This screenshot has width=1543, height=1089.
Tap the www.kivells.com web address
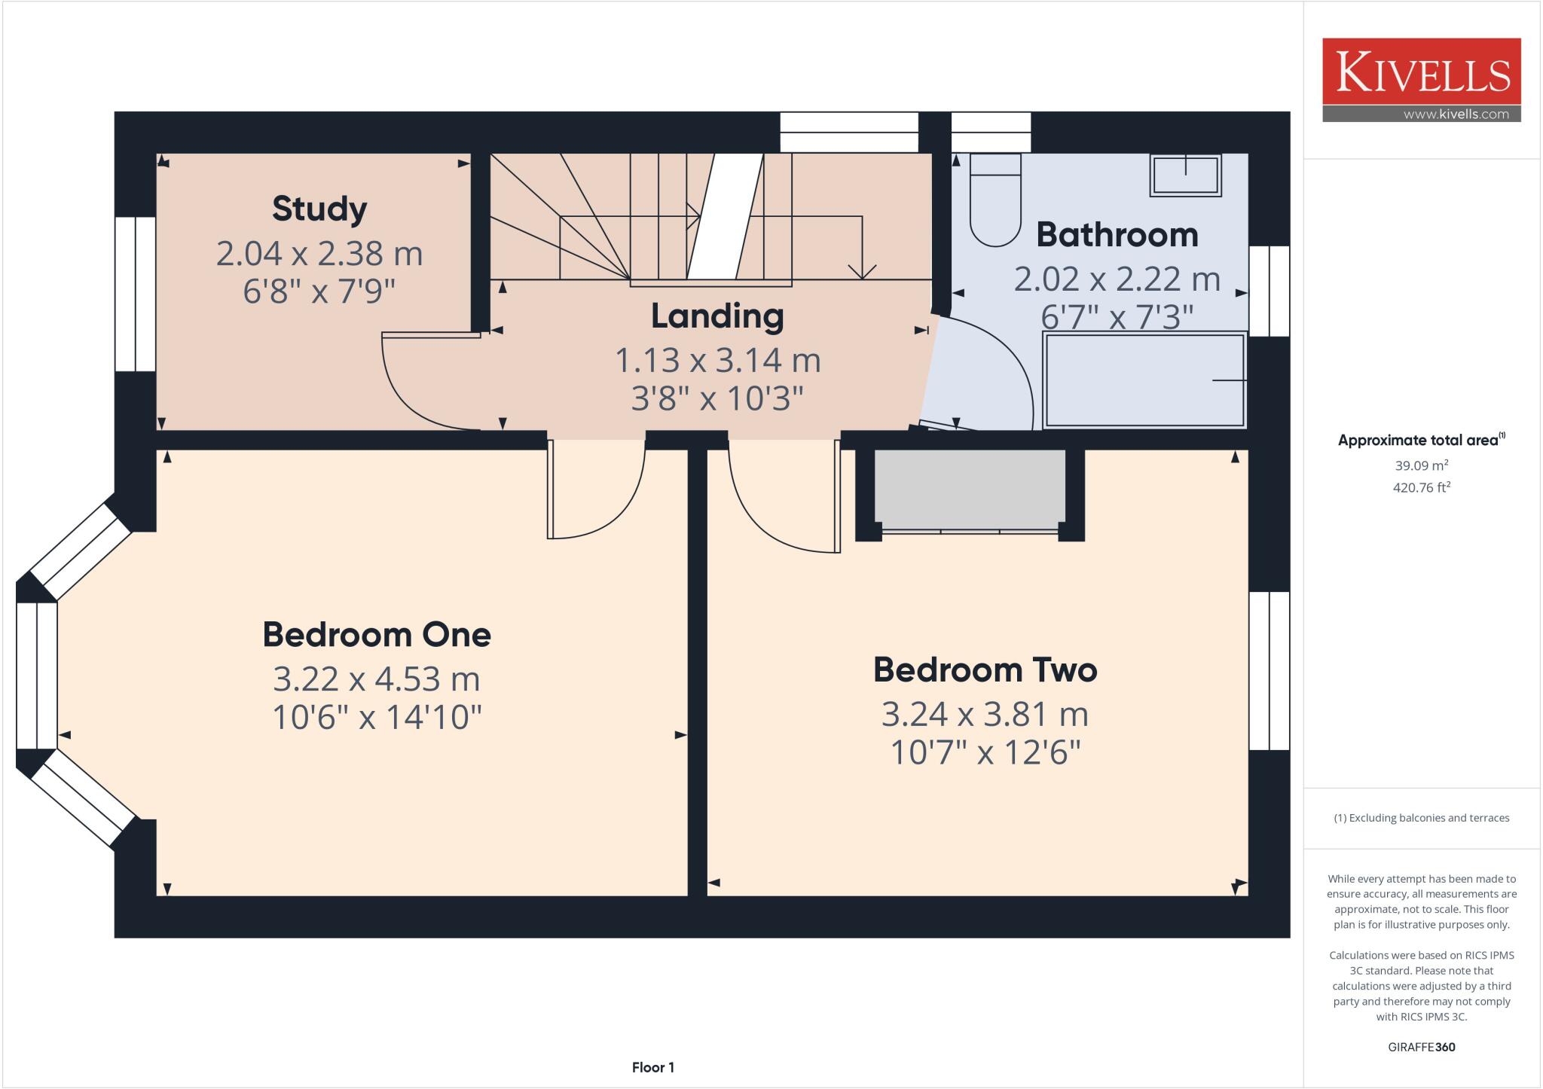pos(1456,114)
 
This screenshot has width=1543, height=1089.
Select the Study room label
pos(319,209)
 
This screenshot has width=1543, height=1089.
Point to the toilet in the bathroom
pos(995,200)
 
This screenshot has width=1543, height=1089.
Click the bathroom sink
pos(1185,175)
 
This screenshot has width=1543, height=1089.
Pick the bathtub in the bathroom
pos(1144,380)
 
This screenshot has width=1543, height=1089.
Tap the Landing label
pos(717,316)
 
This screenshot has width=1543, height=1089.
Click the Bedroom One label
pos(377,635)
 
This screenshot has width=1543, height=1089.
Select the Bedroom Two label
pos(985,670)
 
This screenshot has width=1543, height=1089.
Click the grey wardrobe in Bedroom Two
pos(970,489)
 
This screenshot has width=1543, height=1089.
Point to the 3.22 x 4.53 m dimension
pos(377,679)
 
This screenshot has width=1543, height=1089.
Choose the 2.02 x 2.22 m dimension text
pos(1117,279)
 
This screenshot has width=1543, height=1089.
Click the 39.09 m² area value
pos(1422,465)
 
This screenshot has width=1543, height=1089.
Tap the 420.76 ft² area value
pos(1422,487)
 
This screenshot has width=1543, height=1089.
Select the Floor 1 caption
pos(653,1067)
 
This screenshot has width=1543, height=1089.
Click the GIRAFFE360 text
pos(1422,1047)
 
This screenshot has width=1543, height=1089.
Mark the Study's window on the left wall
pos(136,294)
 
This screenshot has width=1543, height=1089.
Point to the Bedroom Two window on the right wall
pos(1270,671)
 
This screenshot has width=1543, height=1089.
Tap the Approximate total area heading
pos(1422,440)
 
